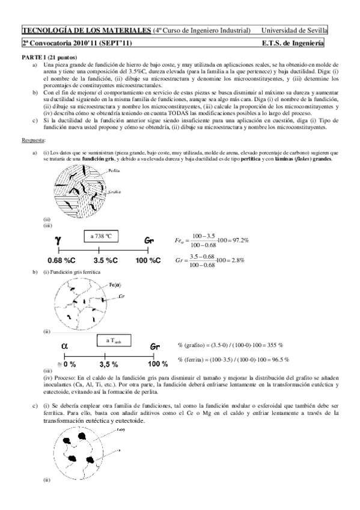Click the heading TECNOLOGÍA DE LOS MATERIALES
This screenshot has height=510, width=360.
point(87,30)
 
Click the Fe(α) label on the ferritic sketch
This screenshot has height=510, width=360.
point(117,284)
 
